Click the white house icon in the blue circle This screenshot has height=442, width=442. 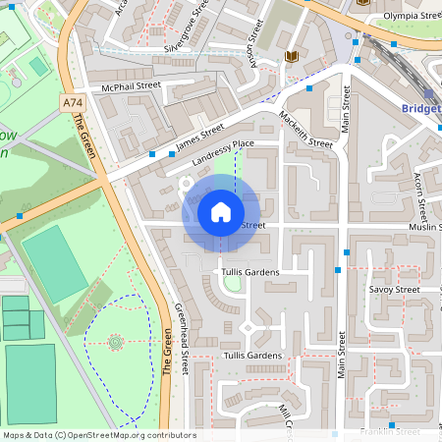tap(221, 211)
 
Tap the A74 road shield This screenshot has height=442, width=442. tap(72, 102)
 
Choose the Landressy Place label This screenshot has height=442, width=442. tap(223, 152)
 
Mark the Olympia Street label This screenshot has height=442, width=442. tap(411, 16)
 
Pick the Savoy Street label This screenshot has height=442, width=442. tap(393, 290)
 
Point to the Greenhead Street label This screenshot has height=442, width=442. tap(181, 338)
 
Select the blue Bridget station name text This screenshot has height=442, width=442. tap(420, 108)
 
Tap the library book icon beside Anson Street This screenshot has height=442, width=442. tap(292, 56)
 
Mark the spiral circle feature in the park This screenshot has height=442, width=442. tap(115, 342)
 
